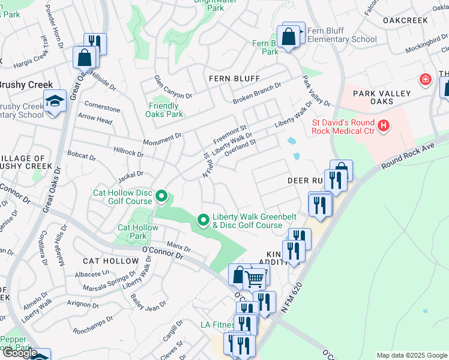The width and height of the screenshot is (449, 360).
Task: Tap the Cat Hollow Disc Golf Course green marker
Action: (x=161, y=196)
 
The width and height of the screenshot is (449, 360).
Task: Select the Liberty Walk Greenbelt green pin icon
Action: (x=203, y=221)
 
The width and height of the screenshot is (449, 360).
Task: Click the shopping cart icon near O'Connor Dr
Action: (x=255, y=278)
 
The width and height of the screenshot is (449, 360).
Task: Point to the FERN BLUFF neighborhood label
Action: (x=234, y=79)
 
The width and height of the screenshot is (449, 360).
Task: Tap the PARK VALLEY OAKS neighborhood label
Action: (x=382, y=97)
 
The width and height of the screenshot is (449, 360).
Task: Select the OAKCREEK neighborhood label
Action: (x=405, y=20)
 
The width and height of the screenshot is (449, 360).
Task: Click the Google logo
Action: (x=19, y=353)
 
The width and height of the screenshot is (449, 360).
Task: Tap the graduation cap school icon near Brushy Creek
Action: (x=55, y=101)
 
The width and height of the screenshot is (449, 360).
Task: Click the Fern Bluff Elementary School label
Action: (x=342, y=35)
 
